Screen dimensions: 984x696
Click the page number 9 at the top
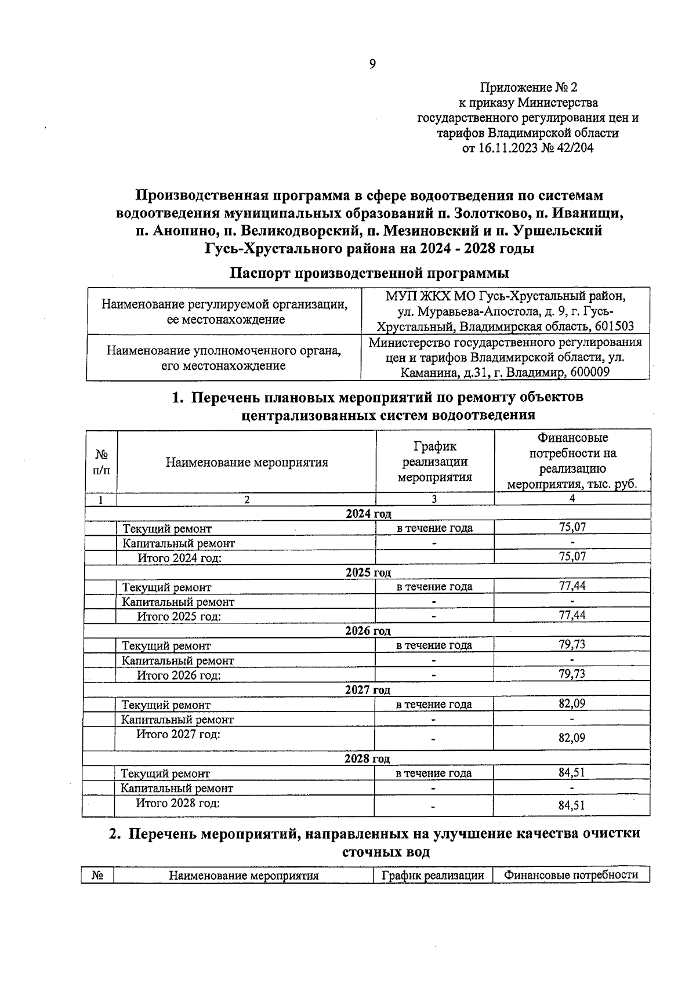click(x=372, y=64)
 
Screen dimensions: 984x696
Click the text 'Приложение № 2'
click(x=528, y=88)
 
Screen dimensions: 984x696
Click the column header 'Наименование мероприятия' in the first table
click(x=246, y=462)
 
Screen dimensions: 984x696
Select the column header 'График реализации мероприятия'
click(x=434, y=462)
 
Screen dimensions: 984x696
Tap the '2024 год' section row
click(x=368, y=514)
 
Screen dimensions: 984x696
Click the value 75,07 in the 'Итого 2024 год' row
click(x=572, y=557)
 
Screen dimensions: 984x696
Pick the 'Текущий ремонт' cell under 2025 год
click(x=166, y=587)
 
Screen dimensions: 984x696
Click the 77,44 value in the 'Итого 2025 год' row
click(x=572, y=615)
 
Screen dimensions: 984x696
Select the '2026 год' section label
click(x=368, y=631)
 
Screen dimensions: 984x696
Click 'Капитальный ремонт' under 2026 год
click(x=177, y=660)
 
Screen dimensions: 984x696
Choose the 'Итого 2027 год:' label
click(x=178, y=735)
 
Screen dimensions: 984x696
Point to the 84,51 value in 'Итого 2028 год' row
click(x=571, y=805)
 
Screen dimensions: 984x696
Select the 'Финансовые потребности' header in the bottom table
click(x=571, y=876)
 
